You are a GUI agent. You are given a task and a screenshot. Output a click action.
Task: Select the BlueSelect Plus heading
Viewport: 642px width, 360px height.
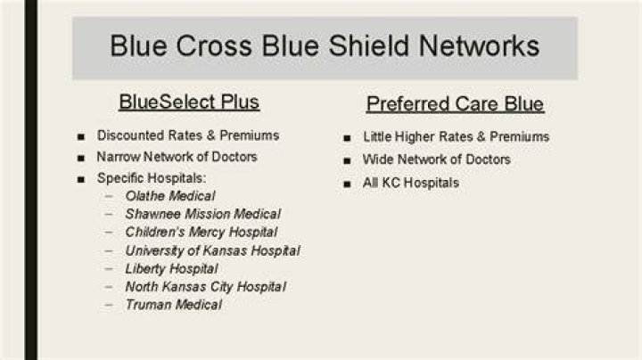pos(189,102)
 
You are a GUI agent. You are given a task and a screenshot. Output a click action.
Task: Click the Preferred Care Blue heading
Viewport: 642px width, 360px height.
pos(455,104)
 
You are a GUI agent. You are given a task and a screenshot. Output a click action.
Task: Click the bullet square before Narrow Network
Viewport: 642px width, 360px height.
pos(80,158)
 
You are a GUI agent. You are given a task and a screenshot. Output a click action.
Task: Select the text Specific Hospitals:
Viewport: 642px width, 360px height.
pos(152,178)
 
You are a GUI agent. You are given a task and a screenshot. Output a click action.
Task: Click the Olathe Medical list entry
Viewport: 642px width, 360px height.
pos(170,196)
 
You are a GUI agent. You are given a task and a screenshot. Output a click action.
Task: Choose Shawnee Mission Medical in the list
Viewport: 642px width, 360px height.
pos(203,214)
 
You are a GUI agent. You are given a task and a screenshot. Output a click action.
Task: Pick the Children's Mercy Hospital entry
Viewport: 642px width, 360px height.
pos(202,233)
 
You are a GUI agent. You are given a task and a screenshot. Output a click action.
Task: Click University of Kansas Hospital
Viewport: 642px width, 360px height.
pos(213,250)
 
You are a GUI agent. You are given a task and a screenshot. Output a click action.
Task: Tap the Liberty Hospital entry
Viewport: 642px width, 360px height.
pos(171,269)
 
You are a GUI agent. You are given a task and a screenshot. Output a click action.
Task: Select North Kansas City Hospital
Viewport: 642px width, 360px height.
pos(206,287)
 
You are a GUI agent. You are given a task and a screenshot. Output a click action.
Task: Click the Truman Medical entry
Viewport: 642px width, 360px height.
pos(174,305)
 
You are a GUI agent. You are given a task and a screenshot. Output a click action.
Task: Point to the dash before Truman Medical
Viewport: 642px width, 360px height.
pos(109,305)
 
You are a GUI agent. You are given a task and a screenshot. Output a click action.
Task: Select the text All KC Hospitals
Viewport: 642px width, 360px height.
pos(411,183)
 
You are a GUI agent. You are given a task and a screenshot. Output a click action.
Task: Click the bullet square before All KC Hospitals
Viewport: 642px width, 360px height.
pos(347,184)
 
